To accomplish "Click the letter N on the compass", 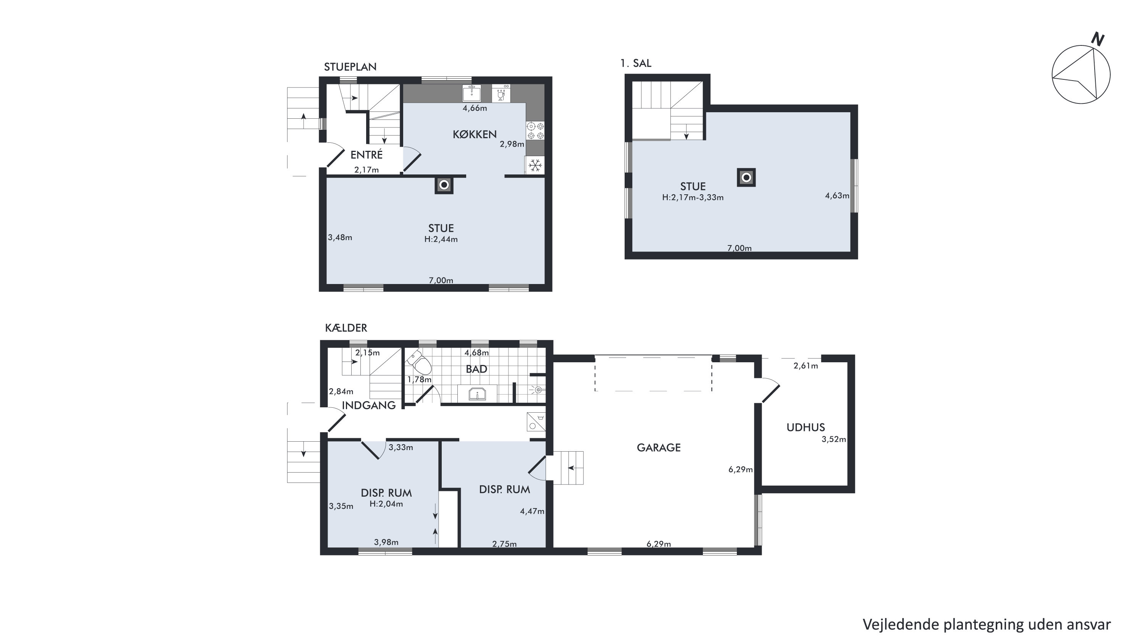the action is pos(1098,40).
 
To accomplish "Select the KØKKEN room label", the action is pos(475,134).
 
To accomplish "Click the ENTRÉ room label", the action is pos(366,155).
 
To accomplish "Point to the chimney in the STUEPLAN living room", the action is pos(444,185).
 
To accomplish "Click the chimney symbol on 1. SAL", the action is pos(746,178).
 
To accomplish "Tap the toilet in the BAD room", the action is pos(419,363).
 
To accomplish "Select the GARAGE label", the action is pos(659,447).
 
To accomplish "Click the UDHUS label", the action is pos(806,428).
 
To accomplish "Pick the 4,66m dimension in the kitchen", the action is pos(475,108).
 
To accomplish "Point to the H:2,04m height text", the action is pos(386,504).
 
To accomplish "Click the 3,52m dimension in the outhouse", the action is pos(834,439).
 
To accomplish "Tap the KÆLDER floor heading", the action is pos(346,328).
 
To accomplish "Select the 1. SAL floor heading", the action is pos(636,63).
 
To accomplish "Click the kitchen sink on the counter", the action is pos(472,93).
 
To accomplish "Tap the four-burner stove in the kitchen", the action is pos(535,131).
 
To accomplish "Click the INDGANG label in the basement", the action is pos(368,405).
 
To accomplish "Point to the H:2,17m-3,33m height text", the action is pos(693,198).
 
